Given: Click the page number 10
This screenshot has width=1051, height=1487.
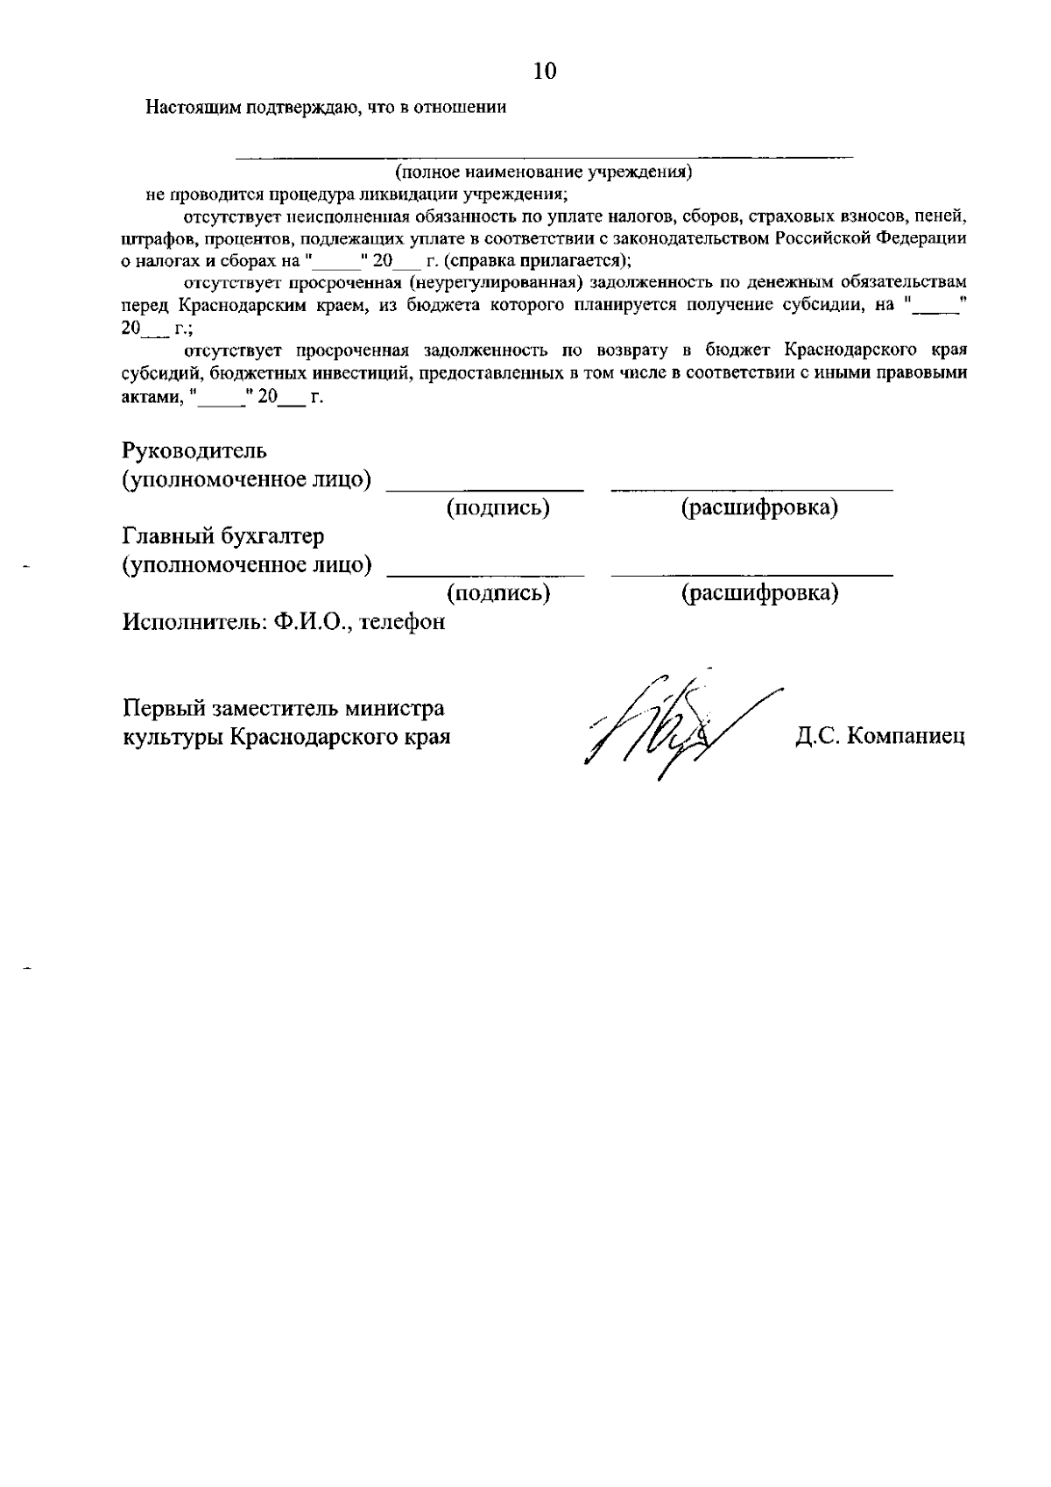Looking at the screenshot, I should click(x=544, y=72).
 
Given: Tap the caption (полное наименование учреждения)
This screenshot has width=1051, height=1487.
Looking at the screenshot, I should click(x=543, y=172).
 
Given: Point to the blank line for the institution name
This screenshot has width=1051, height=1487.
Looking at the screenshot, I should click(x=543, y=156).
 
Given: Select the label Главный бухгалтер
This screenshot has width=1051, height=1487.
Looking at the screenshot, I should click(x=223, y=536).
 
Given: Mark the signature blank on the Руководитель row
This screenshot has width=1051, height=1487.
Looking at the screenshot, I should click(x=485, y=488).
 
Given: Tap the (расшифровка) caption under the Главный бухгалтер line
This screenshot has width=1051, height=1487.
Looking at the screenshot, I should click(x=759, y=593).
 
